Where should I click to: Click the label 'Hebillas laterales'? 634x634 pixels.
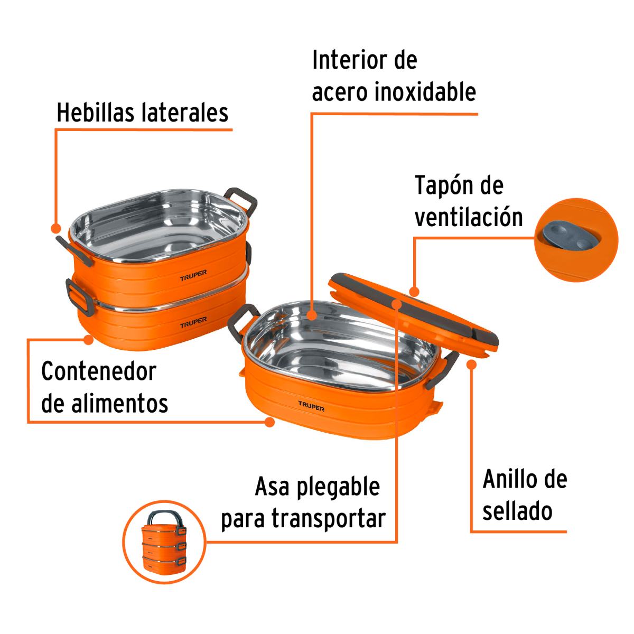[142, 113]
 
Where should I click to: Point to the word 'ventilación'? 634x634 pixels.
[469, 218]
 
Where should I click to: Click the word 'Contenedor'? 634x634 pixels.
[99, 371]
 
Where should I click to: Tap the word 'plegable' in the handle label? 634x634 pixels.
[338, 487]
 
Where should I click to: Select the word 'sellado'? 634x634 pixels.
[517, 511]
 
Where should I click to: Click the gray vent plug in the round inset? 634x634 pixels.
[568, 237]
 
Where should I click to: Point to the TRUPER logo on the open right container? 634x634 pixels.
[311, 406]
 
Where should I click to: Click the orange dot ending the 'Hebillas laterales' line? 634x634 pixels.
[55, 228]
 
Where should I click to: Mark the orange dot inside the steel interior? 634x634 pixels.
[312, 315]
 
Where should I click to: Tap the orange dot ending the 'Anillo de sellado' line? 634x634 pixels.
[472, 364]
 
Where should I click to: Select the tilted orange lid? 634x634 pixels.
[412, 312]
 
